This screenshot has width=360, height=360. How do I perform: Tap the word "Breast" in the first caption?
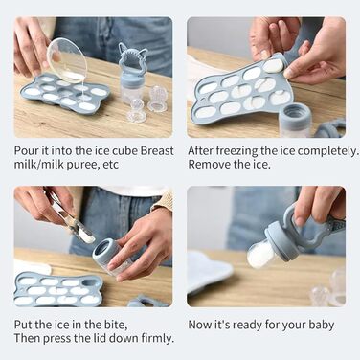(157, 150)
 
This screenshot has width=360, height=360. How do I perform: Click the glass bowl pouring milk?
(67, 60)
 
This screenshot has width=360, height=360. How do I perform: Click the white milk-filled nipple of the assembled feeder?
(259, 255)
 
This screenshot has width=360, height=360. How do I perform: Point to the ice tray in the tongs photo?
(58, 289)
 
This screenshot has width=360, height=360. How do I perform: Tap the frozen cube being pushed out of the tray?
(273, 67)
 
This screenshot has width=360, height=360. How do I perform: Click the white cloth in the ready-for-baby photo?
(212, 271)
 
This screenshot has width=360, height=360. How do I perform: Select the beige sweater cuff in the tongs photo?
(164, 201)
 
